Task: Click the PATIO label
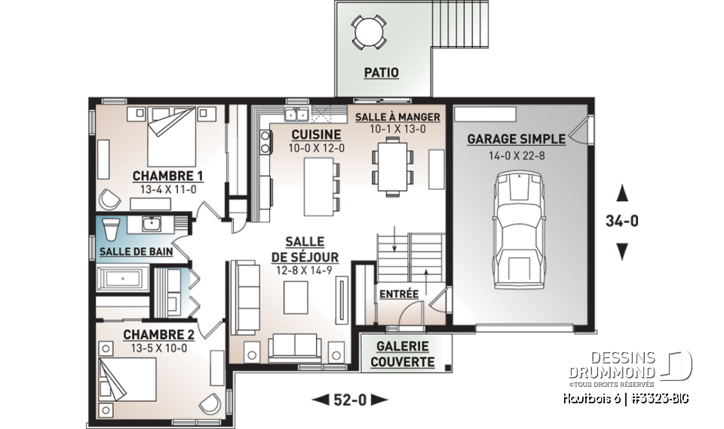pyautogui.click(x=382, y=73)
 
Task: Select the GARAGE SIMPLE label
pyautogui.click(x=516, y=139)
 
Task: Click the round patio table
pyautogui.click(x=370, y=32)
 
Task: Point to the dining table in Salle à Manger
pyautogui.click(x=392, y=166)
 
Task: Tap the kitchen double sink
pyautogui.click(x=295, y=115)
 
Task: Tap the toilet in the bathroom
pyautogui.click(x=111, y=228)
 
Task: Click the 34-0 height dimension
pyautogui.click(x=622, y=222)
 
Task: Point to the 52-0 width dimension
pyautogui.click(x=349, y=400)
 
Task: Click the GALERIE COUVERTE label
pyautogui.click(x=402, y=354)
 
